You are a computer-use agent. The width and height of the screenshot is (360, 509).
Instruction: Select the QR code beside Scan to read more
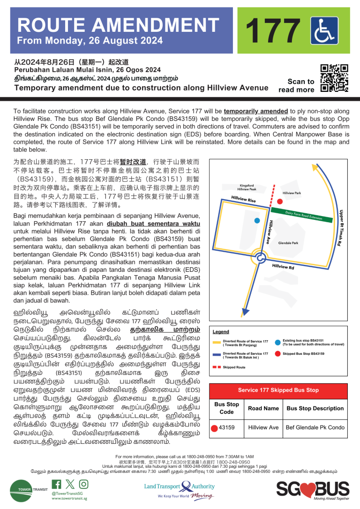(x=334, y=78)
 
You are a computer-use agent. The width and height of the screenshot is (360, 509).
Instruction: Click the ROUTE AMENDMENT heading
(x=118, y=25)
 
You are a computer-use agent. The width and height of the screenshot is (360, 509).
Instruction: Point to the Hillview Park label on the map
(x=292, y=193)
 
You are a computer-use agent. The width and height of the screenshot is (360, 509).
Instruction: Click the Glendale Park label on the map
(x=288, y=243)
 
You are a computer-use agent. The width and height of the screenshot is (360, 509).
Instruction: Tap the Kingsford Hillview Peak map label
(x=261, y=187)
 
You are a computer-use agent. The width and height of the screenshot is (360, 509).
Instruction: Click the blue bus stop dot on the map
(x=257, y=220)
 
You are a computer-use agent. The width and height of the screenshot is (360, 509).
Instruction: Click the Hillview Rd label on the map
(x=283, y=267)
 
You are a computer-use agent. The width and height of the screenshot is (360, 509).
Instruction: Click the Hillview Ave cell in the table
(x=263, y=427)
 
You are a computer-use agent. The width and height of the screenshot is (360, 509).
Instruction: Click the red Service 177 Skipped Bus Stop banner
(x=278, y=390)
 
